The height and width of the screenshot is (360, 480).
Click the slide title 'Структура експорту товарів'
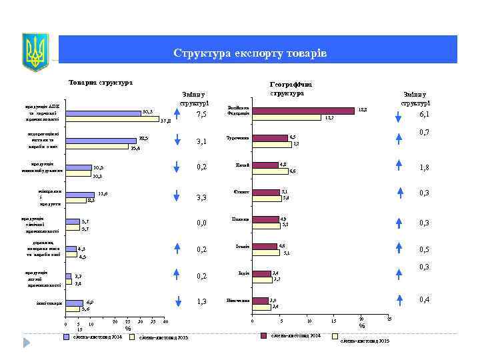[x=249, y=53]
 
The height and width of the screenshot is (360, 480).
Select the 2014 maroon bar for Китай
[x=269, y=165]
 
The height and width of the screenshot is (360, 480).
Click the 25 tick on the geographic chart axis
[x=389, y=321]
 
